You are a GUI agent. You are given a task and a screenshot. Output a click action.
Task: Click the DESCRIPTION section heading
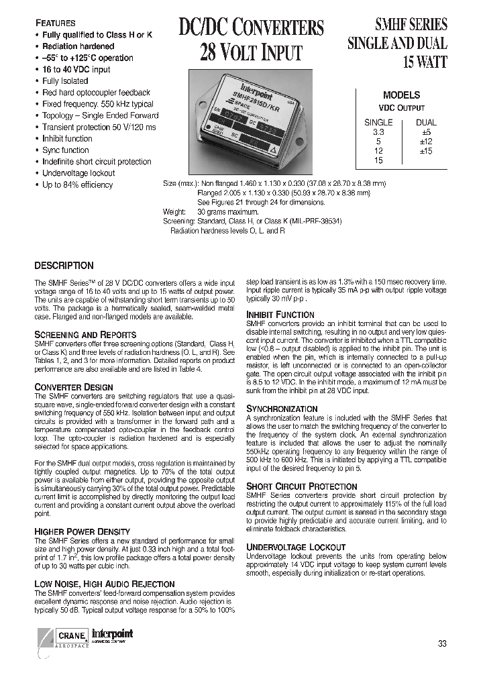(x=64, y=266)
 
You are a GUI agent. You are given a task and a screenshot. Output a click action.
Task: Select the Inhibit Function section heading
(x=280, y=315)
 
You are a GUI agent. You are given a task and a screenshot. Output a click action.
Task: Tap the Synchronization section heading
(x=282, y=409)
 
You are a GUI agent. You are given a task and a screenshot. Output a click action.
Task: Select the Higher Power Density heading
(x=82, y=532)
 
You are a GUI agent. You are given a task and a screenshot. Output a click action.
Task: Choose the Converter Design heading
(x=74, y=387)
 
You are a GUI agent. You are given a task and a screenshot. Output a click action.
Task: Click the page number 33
(x=442, y=643)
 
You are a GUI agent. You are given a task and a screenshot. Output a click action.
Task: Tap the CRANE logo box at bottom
(x=68, y=635)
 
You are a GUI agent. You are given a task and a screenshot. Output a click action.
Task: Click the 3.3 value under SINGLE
(x=378, y=133)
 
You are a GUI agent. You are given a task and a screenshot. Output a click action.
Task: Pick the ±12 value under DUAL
(x=425, y=142)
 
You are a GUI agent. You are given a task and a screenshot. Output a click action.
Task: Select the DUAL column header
(x=426, y=123)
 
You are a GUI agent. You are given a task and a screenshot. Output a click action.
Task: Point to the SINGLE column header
(x=378, y=123)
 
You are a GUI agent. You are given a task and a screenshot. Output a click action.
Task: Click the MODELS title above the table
(x=401, y=95)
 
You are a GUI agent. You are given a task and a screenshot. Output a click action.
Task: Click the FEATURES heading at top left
(x=55, y=23)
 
